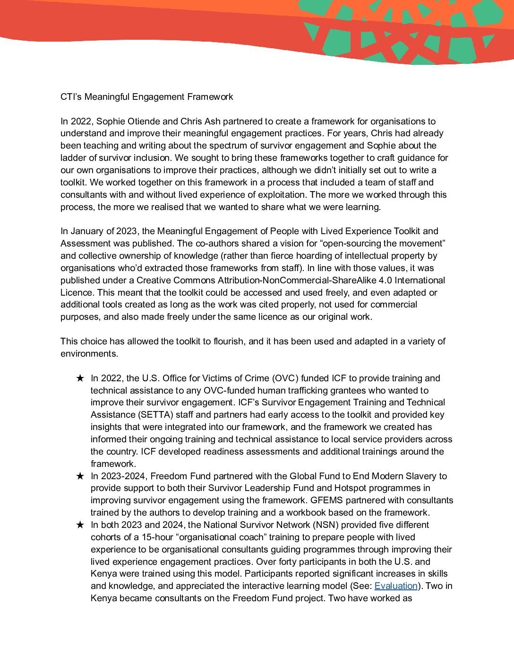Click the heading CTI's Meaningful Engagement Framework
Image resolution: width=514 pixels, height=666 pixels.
coord(146,97)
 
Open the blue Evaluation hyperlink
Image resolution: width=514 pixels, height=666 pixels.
coord(396,586)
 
